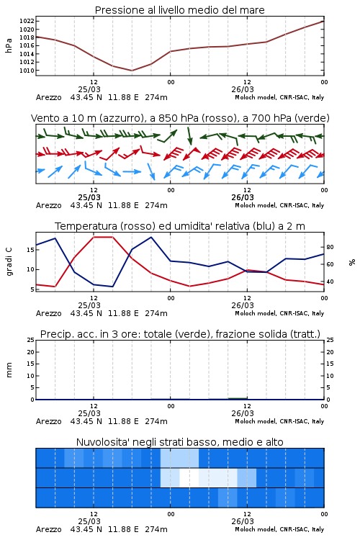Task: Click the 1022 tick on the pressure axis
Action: click(x=26, y=22)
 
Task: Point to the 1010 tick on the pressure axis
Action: click(x=26, y=71)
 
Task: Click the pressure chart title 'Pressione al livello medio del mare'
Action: click(x=180, y=10)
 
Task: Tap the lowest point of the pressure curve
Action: click(x=132, y=71)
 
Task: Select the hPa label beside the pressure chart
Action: click(x=9, y=46)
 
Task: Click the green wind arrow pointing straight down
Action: click(x=189, y=136)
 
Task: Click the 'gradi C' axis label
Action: click(x=9, y=262)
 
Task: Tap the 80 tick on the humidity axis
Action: click(x=330, y=247)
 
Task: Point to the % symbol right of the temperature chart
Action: click(x=352, y=262)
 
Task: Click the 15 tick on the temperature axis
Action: click(x=30, y=250)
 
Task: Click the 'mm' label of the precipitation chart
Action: click(x=9, y=370)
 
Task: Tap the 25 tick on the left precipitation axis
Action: click(x=30, y=341)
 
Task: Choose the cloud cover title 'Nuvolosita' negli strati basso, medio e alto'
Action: click(x=180, y=442)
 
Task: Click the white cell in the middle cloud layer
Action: click(x=189, y=477)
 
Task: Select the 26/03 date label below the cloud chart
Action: click(x=243, y=521)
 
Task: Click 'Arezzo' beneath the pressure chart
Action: click(x=48, y=97)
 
